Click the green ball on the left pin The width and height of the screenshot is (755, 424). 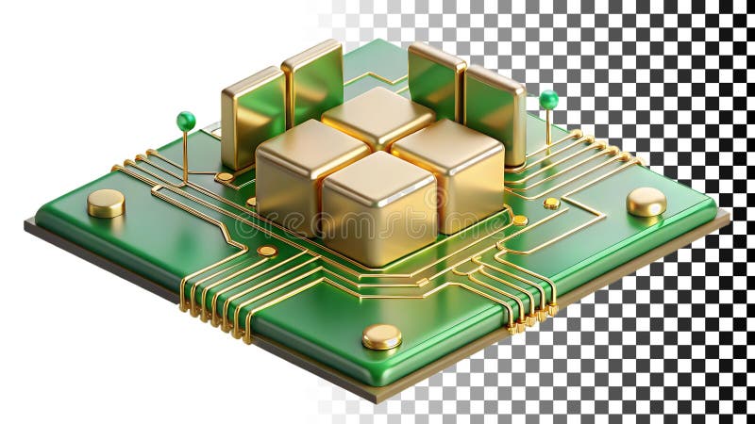pyautogui.click(x=186, y=121)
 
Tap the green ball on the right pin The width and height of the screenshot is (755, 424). pyautogui.click(x=548, y=99)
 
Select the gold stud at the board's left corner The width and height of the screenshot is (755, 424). pyautogui.click(x=106, y=202)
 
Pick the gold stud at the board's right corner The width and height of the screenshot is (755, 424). pyautogui.click(x=646, y=201)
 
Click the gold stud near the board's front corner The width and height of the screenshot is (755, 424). pyautogui.click(x=381, y=335)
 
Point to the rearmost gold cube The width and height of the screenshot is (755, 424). pyautogui.click(x=377, y=116)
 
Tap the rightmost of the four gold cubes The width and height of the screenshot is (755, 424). pyautogui.click(x=450, y=170)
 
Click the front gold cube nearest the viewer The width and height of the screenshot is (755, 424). pyautogui.click(x=379, y=212)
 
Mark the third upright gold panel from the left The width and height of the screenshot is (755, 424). pyautogui.click(x=435, y=81)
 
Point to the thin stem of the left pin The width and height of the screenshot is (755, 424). pyautogui.click(x=185, y=155)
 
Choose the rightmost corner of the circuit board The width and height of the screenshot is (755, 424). pyautogui.click(x=728, y=217)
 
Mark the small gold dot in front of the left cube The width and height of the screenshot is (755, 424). pyautogui.click(x=267, y=251)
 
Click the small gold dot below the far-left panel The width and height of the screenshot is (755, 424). pyautogui.click(x=224, y=176)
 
